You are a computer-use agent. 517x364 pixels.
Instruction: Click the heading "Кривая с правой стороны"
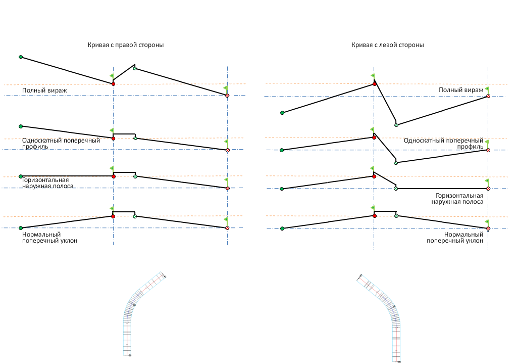pyautogui.click(x=126, y=45)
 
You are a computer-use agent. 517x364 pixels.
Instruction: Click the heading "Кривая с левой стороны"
pyautogui.click(x=387, y=45)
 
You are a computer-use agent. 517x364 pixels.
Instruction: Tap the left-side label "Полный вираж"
pyautogui.click(x=44, y=90)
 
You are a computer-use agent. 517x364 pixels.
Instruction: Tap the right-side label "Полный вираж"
pyautogui.click(x=461, y=90)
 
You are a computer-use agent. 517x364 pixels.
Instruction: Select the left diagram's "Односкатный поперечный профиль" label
pyautogui.click(x=61, y=143)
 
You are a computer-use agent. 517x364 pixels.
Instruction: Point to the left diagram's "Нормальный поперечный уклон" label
pyautogui.click(x=49, y=238)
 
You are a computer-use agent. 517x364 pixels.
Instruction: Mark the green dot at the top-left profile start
pyautogui.click(x=21, y=57)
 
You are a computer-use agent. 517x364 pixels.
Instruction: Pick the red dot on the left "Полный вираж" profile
pyautogui.click(x=113, y=83)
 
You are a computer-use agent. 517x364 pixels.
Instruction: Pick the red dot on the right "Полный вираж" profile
pyautogui.click(x=374, y=83)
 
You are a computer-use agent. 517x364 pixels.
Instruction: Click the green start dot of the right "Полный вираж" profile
pyautogui.click(x=282, y=113)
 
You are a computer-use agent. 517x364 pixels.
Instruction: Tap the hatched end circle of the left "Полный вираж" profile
pyautogui.click(x=228, y=95)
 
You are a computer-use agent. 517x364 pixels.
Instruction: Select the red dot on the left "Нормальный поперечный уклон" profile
pyautogui.click(x=113, y=216)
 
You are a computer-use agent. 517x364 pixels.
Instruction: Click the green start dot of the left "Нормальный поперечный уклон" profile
pyautogui.click(x=21, y=228)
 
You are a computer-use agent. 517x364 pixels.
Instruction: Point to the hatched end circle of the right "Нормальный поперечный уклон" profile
pyautogui.click(x=488, y=229)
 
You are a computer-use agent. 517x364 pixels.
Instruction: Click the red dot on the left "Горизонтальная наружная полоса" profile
pyautogui.click(x=113, y=176)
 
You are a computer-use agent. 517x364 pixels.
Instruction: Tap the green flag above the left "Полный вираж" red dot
pyautogui.click(x=112, y=76)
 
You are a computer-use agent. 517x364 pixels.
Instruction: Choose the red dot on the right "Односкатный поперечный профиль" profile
pyautogui.click(x=374, y=137)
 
